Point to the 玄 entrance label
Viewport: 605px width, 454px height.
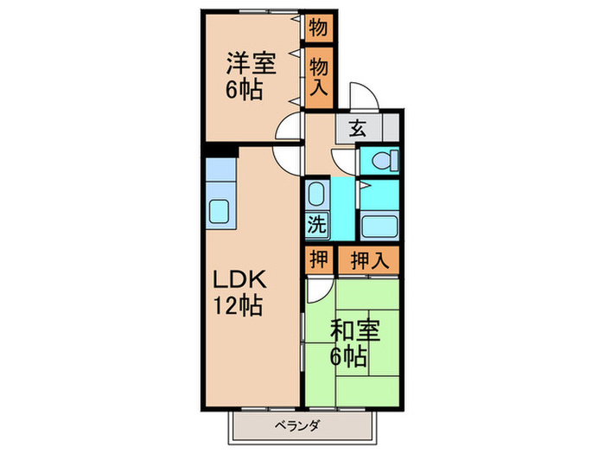(357, 129)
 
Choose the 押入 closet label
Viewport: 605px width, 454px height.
(367, 259)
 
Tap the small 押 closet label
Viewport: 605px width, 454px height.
(317, 259)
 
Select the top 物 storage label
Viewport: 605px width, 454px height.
(318, 27)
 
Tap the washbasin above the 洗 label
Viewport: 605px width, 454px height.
(317, 194)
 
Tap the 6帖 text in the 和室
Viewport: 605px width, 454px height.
(348, 355)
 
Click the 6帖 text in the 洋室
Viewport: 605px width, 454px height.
(245, 88)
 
